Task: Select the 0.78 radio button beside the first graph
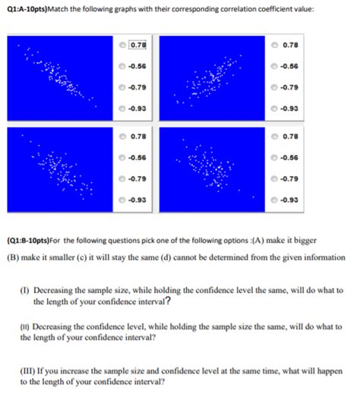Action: (123, 45)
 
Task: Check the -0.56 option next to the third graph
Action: (123, 157)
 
